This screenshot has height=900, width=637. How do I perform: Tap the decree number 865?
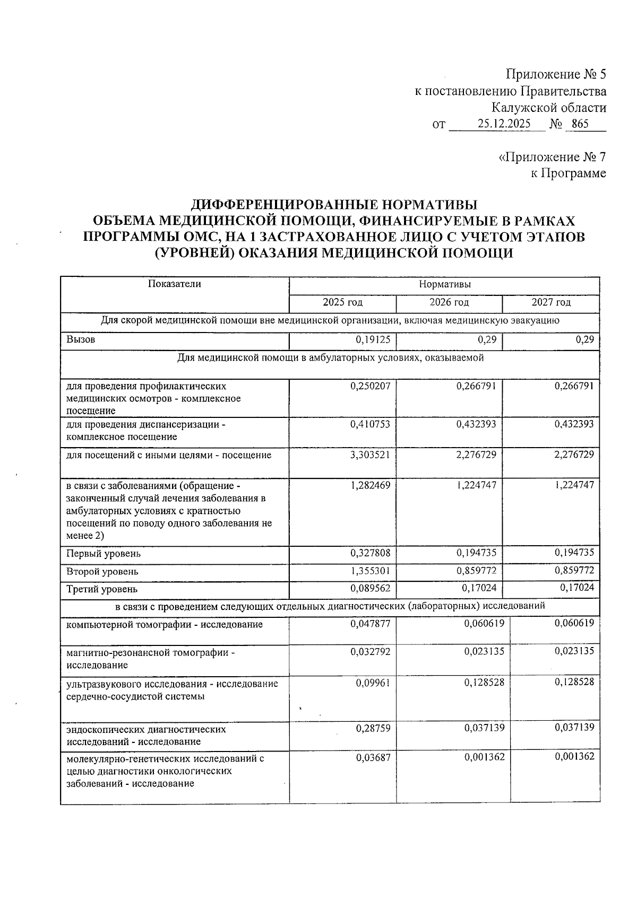point(580,124)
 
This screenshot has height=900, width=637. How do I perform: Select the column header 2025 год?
point(342,302)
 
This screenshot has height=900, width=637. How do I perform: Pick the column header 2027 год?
point(551,302)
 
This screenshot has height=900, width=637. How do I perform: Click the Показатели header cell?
point(174,284)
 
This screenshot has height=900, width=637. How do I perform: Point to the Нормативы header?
point(444,284)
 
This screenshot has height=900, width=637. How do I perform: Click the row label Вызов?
point(81,339)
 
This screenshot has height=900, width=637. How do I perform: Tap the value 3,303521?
point(370,455)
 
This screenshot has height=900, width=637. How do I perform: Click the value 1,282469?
point(370,485)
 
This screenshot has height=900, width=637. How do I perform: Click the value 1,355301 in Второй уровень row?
point(370,571)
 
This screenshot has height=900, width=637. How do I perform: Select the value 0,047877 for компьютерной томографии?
point(370,624)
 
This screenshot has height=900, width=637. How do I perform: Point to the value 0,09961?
point(373,683)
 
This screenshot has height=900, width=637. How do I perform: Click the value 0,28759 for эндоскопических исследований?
point(373,728)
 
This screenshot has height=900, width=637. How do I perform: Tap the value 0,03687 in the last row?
point(373,758)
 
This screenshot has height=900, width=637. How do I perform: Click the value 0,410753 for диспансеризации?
point(370,424)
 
